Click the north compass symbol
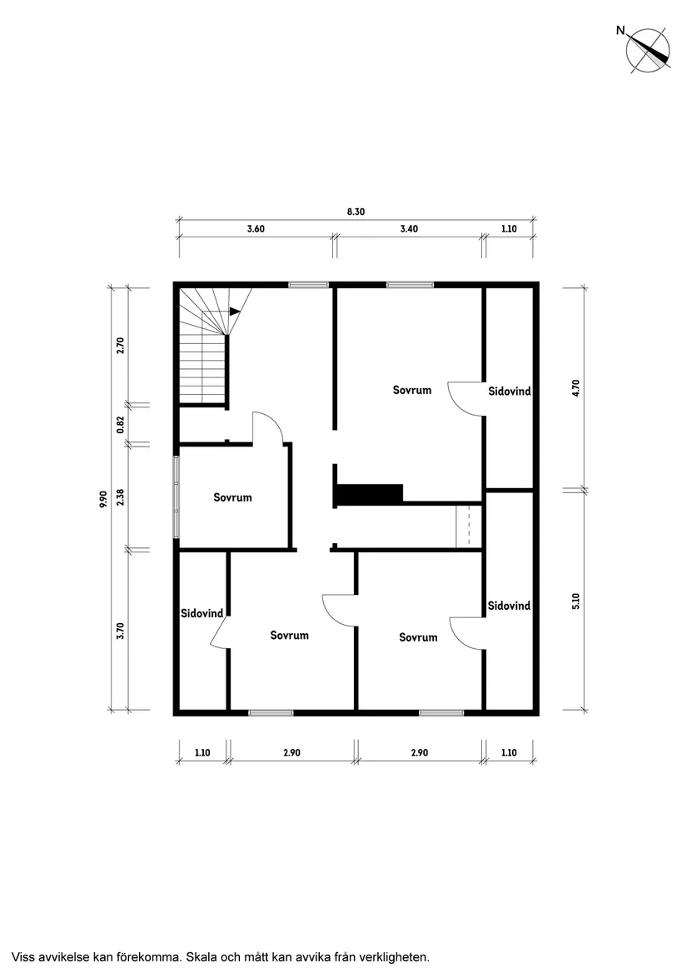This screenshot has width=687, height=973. coord(647,51)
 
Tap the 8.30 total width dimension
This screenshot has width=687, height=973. coord(356,212)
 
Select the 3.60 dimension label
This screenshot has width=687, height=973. coord(256,228)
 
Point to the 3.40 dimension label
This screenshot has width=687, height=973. coord(409,228)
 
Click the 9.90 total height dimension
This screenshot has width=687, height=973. coord(103,499)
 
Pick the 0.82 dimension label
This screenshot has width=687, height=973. coord(121,425)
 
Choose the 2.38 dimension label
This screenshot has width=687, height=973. coord(121,497)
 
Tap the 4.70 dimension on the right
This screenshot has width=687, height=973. coord(576,388)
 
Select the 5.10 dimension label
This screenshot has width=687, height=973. coord(576,601)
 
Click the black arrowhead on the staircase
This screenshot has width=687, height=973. coord(234,312)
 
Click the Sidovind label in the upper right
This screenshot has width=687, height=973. coord(510,391)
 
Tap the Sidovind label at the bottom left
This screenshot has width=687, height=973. coord(202,613)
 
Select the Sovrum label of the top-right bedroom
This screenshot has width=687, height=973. coord(412,390)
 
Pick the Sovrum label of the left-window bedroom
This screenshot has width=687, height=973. coord(232,497)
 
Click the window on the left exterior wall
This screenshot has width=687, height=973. coord(177,497)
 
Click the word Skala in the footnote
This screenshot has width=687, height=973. coord(202,956)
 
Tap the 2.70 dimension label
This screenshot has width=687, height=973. coord(121,345)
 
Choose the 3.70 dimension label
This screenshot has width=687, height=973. coord(121,631)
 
